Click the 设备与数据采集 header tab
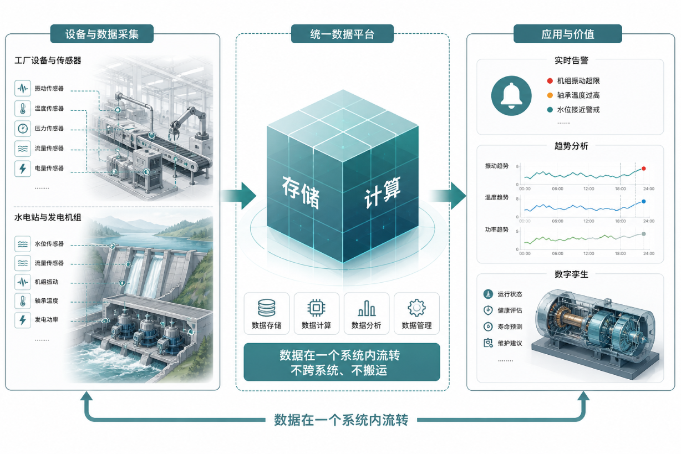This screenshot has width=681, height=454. point(102,34)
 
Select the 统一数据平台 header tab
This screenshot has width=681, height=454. point(342,34)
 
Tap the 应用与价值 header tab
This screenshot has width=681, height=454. point(568,34)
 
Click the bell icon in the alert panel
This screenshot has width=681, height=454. point(511,95)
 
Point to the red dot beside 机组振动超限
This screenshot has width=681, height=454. point(550,81)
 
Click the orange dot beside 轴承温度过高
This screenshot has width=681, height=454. point(550,95)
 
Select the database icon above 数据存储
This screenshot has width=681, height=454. point(267,308)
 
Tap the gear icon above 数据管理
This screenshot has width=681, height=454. point(416,308)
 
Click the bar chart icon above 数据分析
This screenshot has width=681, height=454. point(367,308)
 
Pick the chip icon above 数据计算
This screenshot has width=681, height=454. point(316,308)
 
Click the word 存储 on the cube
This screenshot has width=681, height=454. point(301,192)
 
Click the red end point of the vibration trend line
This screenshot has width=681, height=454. point(644,169)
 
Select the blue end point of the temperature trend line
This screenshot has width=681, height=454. point(644,201)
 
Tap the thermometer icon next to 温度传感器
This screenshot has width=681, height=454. point(23,109)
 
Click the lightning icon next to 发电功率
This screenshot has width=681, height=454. point(23,320)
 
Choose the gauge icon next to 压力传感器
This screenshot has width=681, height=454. point(23,129)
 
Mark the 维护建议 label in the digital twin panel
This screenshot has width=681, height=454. point(510,343)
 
